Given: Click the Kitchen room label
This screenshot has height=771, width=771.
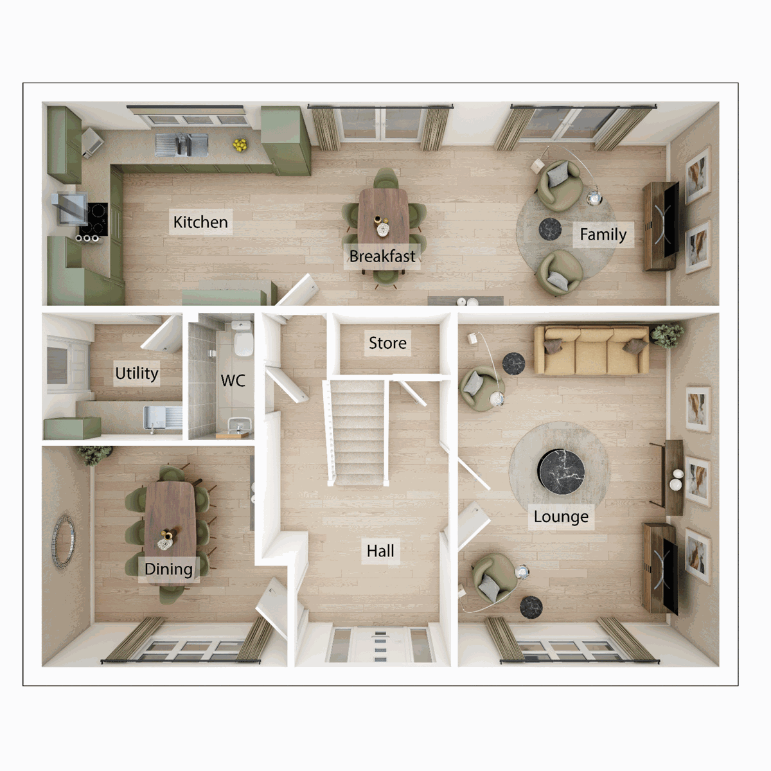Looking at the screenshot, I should (200, 222).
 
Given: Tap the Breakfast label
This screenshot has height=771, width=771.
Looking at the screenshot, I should (382, 256).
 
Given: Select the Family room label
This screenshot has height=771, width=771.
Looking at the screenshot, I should (603, 235).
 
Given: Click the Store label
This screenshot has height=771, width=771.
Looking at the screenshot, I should (387, 343).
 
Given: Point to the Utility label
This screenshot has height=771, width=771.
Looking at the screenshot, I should (136, 373).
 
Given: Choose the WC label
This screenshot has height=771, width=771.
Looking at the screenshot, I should (233, 381).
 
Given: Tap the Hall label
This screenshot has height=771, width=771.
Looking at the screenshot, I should (380, 551).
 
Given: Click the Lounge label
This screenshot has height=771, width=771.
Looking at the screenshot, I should (561, 517).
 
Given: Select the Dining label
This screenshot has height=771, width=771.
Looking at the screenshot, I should (168, 569).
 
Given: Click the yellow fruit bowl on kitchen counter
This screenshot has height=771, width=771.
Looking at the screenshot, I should (240, 145).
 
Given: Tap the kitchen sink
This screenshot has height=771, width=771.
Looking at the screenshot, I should (182, 145).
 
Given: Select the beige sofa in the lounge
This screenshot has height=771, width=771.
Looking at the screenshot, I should (591, 350).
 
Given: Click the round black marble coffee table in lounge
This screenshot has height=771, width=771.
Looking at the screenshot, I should (562, 472).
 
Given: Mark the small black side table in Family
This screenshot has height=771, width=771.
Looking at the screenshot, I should (550, 229).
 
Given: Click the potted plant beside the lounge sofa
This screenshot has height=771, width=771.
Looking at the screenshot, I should (666, 335).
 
